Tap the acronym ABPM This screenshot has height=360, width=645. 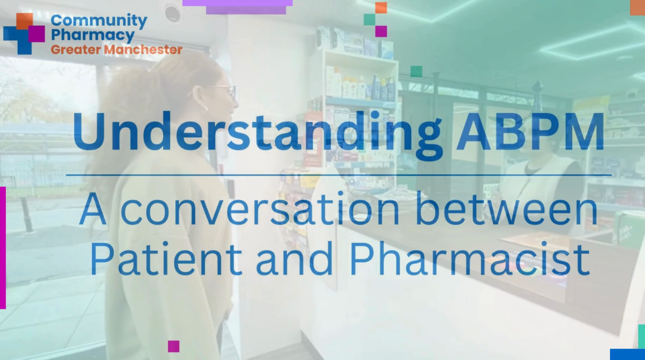point(530,132)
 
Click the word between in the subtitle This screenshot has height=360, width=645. point(507,208)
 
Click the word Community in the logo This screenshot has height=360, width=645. point(99,21)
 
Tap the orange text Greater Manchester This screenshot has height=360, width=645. point(117,50)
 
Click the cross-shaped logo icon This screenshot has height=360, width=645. point(24,34)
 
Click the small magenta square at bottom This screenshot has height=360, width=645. point(174,346)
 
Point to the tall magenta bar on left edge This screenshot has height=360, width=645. point(3,248)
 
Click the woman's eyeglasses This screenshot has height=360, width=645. point(223,92)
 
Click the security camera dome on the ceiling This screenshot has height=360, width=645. point(173,12)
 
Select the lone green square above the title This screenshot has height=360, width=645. point(416,72)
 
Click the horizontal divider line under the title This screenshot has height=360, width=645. point(339,175)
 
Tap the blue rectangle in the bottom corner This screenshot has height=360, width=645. point(627,354)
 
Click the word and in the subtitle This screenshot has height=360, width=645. point(295,259)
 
